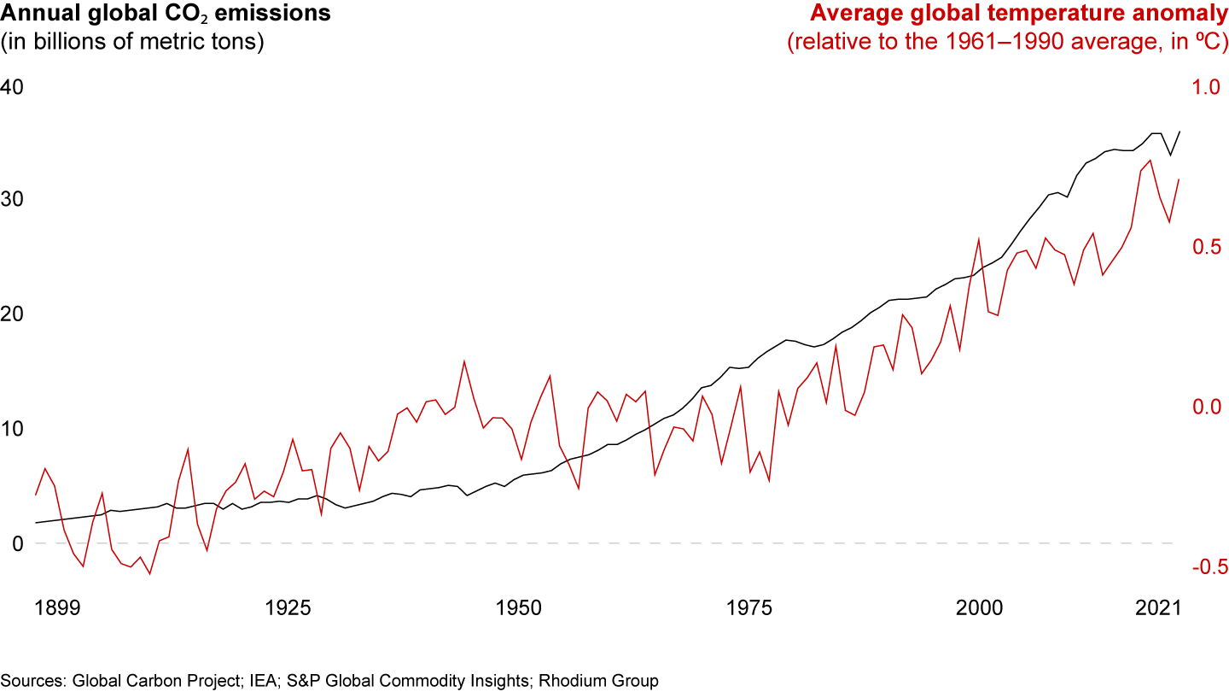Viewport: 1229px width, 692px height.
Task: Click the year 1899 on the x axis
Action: click(57, 608)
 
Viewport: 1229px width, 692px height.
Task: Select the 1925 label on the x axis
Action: click(288, 608)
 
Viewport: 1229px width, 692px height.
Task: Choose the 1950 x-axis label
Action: click(518, 608)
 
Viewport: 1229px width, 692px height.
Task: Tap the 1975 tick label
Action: click(748, 608)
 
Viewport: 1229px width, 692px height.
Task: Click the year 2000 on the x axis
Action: click(979, 608)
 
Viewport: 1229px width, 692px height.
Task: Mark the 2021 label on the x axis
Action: click(1158, 608)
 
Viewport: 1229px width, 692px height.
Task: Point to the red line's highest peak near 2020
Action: click(1150, 161)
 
